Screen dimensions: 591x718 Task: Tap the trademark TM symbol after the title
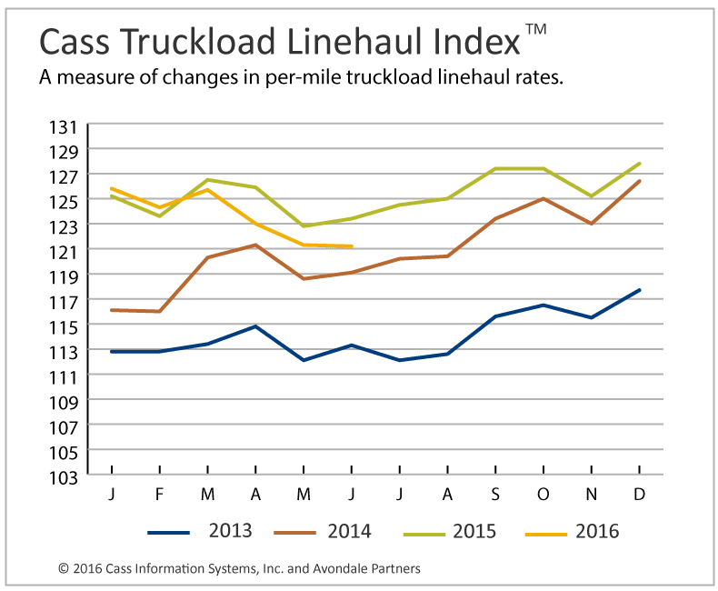(536, 30)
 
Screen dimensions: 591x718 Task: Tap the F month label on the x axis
(159, 494)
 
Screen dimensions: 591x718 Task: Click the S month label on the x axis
(495, 494)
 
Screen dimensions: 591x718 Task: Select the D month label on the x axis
(639, 494)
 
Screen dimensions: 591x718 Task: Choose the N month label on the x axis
(592, 494)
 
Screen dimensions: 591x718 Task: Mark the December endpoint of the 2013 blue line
(640, 290)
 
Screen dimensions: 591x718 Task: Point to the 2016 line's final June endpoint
(351, 246)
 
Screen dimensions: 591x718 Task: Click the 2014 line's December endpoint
(640, 181)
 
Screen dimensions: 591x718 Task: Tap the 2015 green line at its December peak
(640, 164)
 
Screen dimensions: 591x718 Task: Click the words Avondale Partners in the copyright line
(368, 569)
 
